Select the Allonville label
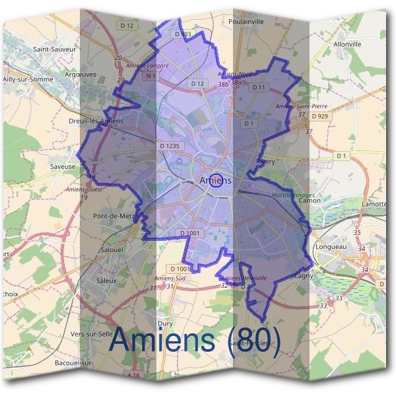(348, 44)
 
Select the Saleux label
(106, 280)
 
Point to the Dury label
(165, 323)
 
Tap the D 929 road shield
(319, 116)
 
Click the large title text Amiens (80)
(195, 339)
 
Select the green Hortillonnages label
(293, 195)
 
